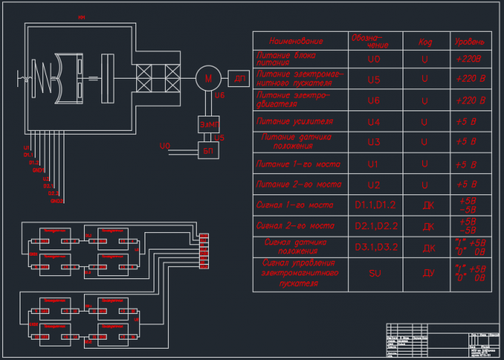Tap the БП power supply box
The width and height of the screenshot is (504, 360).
point(207,151)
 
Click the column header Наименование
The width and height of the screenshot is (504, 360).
point(296,41)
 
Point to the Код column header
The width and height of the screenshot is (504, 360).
point(425,42)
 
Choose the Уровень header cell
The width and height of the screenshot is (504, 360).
point(467,41)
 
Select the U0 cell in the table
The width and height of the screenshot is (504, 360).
point(373,58)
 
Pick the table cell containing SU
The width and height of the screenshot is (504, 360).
point(373,272)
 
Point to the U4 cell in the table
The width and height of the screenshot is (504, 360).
point(373,121)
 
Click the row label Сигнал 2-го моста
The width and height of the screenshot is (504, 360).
point(296,225)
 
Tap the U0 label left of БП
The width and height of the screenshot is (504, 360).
point(166,145)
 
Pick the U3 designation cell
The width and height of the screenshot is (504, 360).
point(373,142)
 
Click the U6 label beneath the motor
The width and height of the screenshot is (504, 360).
point(219,96)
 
